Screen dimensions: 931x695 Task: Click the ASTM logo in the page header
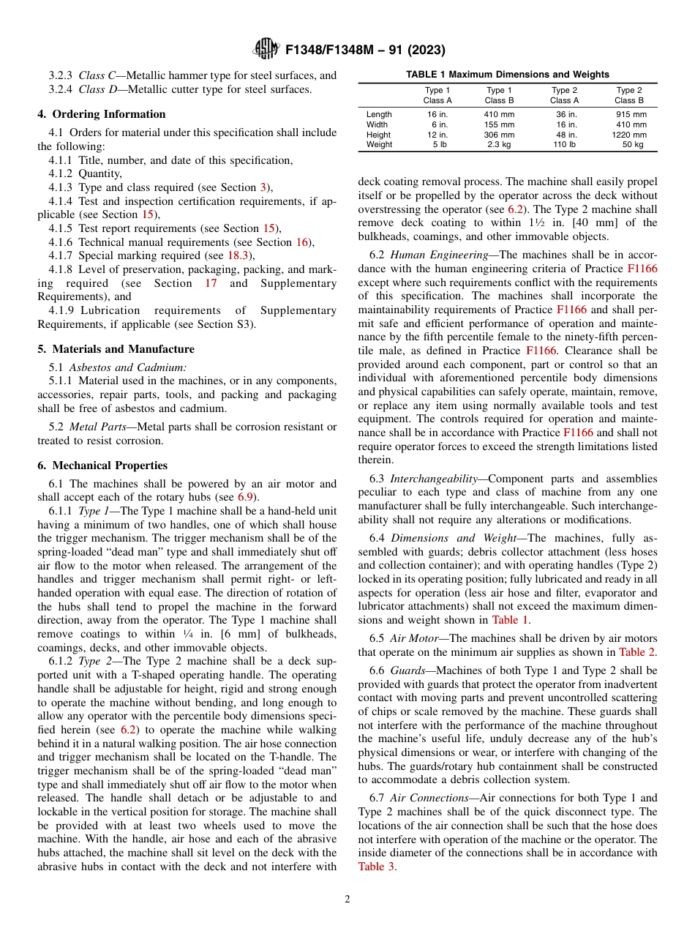[266, 49]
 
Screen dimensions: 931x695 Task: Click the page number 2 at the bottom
[347, 900]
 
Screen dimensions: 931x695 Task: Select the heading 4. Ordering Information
[102, 114]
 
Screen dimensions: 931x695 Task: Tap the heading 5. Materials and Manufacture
[116, 349]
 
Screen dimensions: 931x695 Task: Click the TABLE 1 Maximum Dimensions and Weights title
[508, 75]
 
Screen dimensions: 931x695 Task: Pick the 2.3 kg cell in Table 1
[499, 145]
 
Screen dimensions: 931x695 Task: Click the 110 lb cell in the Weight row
[564, 145]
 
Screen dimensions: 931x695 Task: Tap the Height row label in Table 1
[378, 135]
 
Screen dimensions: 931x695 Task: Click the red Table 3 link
[377, 867]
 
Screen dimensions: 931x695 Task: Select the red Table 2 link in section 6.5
[636, 652]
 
